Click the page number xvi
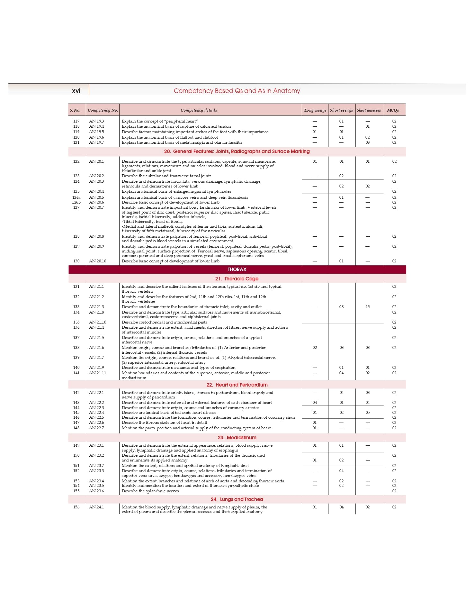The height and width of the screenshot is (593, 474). [76, 91]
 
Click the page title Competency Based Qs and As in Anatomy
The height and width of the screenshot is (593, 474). [237, 91]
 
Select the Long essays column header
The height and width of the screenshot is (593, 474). [315, 110]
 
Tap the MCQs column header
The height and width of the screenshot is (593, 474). [393, 110]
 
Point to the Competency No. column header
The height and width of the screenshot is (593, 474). [103, 110]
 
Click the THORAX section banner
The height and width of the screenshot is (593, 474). [237, 269]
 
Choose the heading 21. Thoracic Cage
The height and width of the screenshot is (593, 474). [237, 279]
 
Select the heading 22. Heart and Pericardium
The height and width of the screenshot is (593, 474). [237, 385]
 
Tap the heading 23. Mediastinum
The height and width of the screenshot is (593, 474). [237, 438]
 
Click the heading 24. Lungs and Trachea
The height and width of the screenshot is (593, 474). [237, 499]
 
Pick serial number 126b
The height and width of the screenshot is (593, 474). [76, 202]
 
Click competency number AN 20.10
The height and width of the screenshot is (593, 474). [97, 261]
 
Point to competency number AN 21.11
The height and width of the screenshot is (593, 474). [97, 373]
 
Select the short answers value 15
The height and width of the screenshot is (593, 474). [368, 307]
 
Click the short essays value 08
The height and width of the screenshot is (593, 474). [341, 307]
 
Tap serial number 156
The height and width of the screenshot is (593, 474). [76, 507]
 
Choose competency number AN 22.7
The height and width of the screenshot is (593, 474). [96, 428]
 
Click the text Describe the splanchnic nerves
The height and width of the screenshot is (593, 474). [150, 491]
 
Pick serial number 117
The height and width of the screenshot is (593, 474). [76, 121]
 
